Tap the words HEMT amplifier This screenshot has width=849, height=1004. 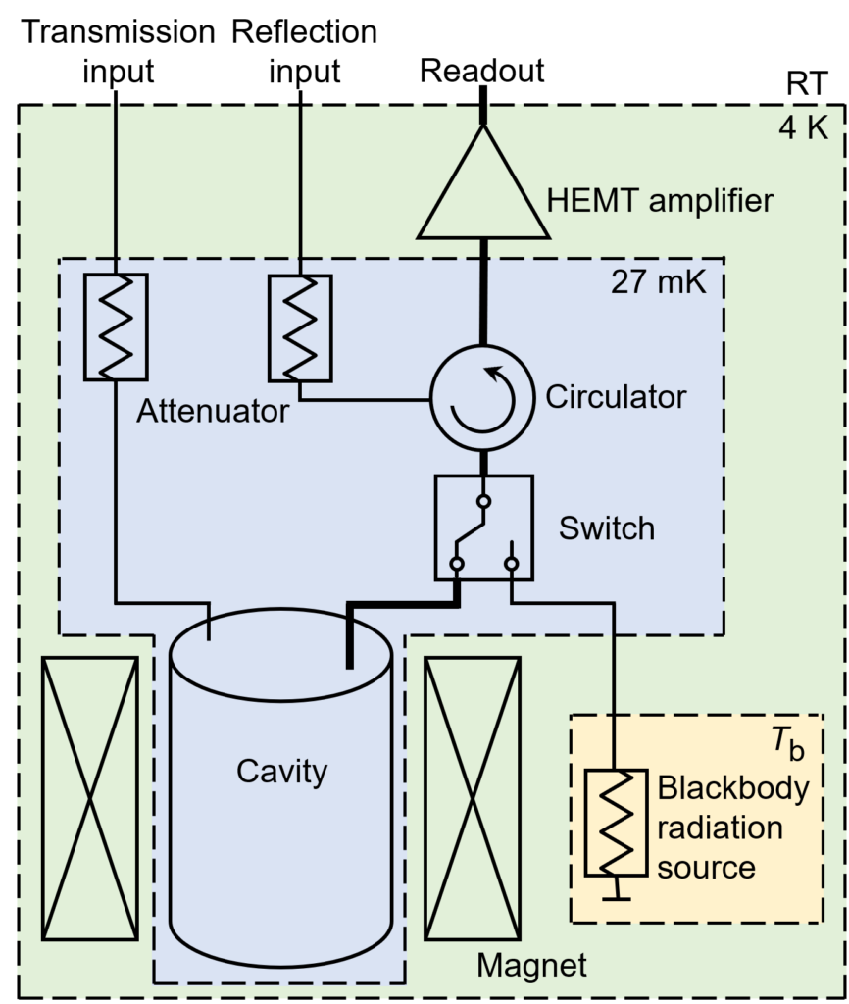click(x=659, y=202)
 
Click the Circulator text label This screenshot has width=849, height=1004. click(x=616, y=397)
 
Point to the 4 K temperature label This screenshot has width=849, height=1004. click(x=803, y=129)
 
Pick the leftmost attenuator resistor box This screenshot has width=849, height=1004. click(x=116, y=326)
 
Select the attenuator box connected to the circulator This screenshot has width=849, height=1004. click(x=300, y=327)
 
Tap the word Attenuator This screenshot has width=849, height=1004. click(x=213, y=411)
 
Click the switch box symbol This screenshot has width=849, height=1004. click(x=483, y=527)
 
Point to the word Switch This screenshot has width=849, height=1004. click(x=606, y=528)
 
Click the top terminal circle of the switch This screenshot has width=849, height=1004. click(x=482, y=501)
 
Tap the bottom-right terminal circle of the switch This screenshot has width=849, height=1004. click(x=511, y=563)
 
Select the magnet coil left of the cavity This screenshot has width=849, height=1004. click(x=90, y=798)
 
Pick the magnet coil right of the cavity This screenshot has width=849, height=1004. click(x=472, y=798)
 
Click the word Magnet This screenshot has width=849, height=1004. click(x=531, y=966)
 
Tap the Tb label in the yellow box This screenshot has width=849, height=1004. click(x=789, y=744)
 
